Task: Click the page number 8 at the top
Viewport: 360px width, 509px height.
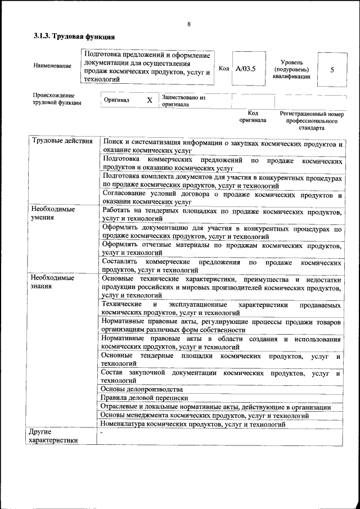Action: point(189,24)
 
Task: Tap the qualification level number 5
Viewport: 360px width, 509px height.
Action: point(332,70)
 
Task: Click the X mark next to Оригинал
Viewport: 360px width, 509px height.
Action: point(150,100)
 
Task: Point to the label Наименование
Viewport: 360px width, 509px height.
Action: point(52,66)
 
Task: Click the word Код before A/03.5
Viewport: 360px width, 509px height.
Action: point(224,68)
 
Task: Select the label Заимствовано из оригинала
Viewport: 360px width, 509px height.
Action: point(184,101)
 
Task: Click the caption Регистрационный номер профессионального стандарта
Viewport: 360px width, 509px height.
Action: point(312,120)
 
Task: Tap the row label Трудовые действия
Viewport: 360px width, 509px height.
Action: point(62,141)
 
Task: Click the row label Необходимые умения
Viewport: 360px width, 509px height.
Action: point(53,213)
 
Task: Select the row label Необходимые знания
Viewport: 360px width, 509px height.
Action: point(53,282)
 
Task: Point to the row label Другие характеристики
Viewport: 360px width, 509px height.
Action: point(53,436)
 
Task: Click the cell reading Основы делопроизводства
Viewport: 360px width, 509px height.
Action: point(142,389)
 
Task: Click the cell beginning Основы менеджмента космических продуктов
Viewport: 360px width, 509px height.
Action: point(204,416)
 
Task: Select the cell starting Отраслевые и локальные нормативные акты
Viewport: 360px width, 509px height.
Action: point(215,407)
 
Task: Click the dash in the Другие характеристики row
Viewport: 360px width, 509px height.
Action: point(102,434)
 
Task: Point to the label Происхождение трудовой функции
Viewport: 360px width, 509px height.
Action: point(57,99)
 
